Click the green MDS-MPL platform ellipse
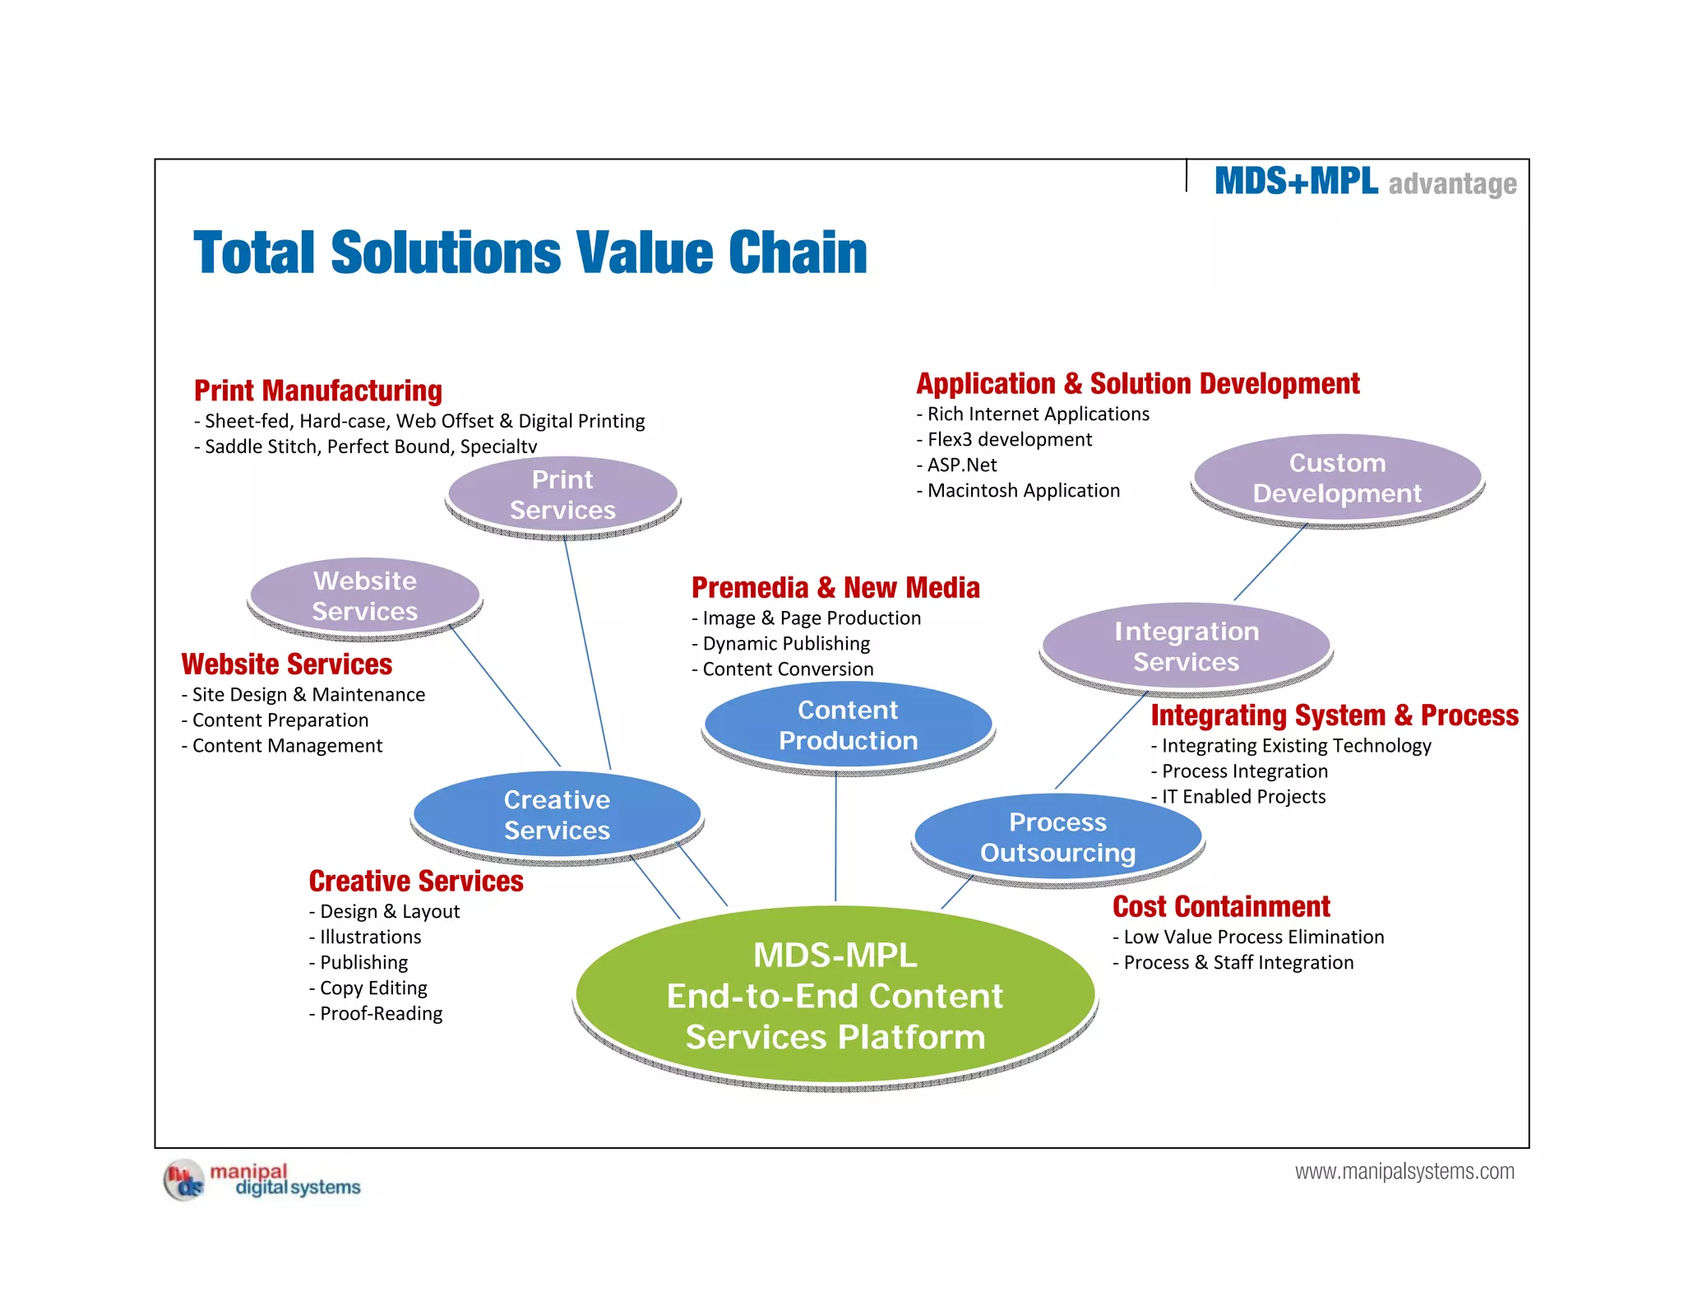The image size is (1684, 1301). tap(835, 995)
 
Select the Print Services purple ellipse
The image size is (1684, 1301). tap(562, 494)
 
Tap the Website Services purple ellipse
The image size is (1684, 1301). tap(364, 595)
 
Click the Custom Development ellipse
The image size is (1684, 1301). tap(1337, 478)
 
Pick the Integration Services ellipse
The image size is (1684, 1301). tap(1186, 646)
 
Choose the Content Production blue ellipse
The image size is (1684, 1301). tap(848, 725)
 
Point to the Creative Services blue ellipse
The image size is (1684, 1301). tap(557, 815)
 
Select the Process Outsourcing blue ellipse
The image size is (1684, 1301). tap(1057, 837)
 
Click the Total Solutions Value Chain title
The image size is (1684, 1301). tap(530, 252)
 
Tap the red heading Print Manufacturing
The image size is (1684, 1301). tap(318, 390)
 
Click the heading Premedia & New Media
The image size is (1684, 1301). tap(835, 587)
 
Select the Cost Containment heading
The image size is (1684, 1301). tap(1221, 906)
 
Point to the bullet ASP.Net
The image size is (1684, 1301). tap(961, 465)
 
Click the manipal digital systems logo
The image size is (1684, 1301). tap(262, 1179)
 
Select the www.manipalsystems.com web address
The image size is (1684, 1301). tap(1404, 1171)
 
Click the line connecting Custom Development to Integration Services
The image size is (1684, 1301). tap(1270, 563)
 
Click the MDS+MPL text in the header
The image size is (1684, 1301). tap(1296, 181)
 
